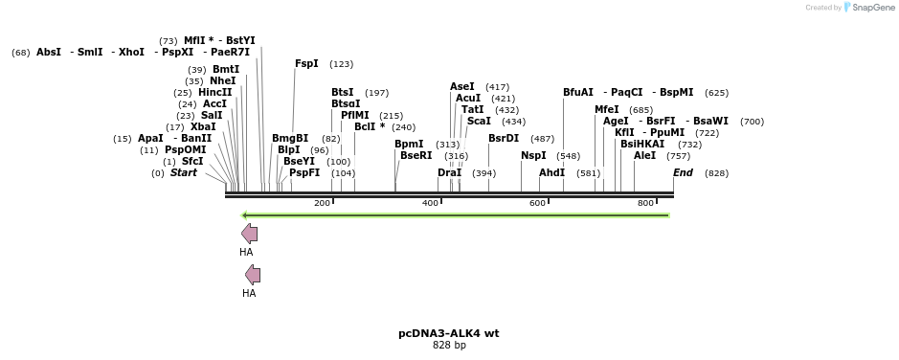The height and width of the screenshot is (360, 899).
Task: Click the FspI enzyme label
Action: (306, 64)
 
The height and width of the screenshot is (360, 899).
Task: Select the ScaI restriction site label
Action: (479, 122)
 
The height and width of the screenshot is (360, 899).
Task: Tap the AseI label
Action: (461, 87)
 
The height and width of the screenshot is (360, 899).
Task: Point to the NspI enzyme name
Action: (533, 155)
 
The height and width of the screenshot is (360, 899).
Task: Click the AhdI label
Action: (551, 173)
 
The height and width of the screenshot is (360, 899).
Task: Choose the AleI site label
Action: (644, 155)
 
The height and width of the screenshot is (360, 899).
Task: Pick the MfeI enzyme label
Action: (606, 110)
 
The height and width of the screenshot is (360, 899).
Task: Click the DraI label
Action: (449, 173)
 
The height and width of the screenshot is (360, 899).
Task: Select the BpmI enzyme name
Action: (409, 145)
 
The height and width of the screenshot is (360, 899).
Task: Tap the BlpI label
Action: (288, 149)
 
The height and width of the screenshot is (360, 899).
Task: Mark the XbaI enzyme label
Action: (203, 126)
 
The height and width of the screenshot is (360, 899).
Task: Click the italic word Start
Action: (184, 173)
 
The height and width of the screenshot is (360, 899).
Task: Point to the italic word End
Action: (683, 173)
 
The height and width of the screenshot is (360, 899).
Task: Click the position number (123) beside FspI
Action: (341, 64)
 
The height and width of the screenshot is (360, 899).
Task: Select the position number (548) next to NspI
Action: (568, 155)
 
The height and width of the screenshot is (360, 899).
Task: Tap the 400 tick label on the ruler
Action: (430, 203)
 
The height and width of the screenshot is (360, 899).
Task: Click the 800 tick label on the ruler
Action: (645, 203)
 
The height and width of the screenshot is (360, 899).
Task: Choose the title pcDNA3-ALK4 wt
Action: (448, 334)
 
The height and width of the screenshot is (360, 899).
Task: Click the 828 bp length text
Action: (448, 346)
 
